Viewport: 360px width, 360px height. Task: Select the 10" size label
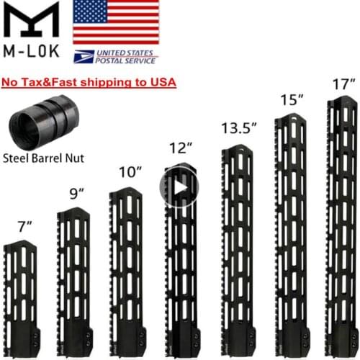[129, 172]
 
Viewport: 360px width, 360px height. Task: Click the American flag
[116, 22]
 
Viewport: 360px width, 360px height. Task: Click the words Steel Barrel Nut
[42, 157]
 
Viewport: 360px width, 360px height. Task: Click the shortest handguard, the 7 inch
[19, 295]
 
